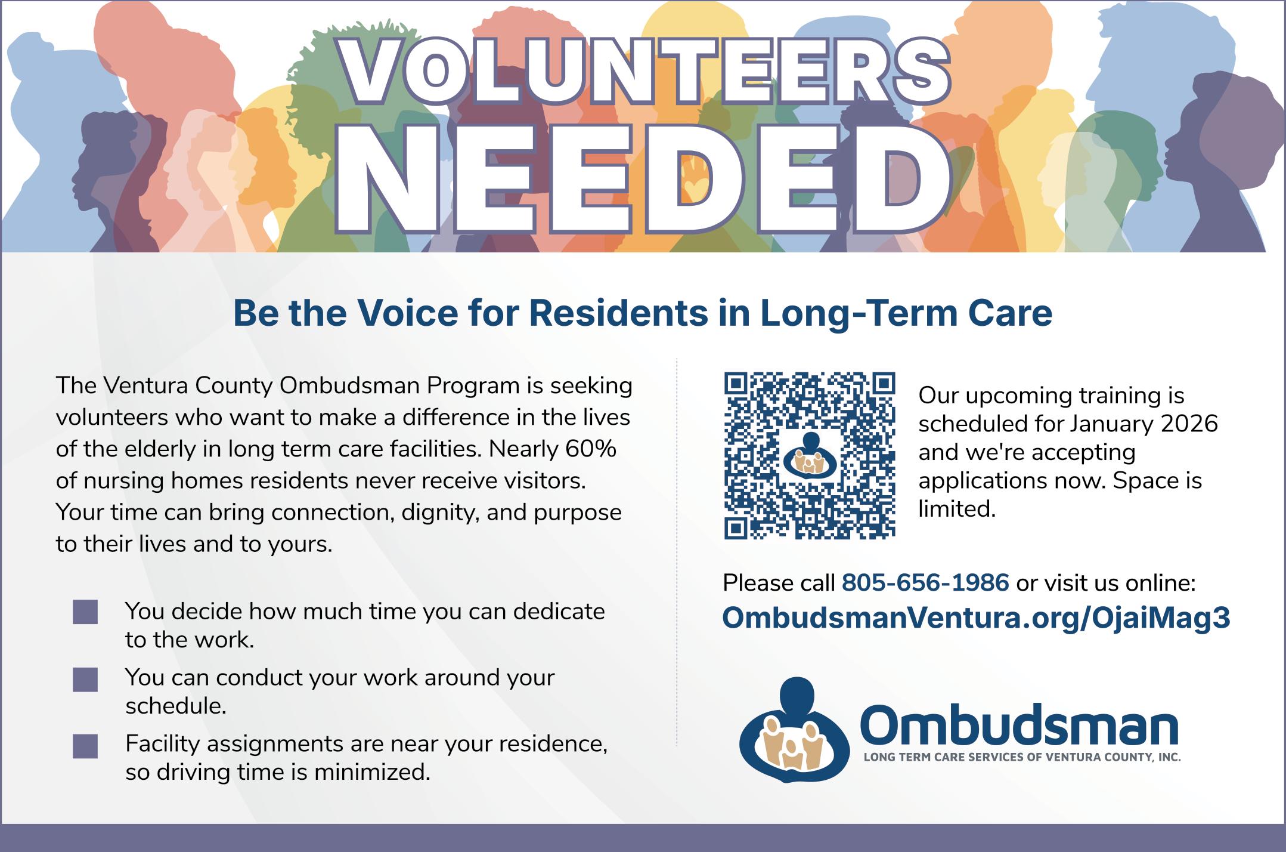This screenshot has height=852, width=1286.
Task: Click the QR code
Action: click(810, 456)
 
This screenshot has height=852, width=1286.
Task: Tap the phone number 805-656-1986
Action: click(925, 583)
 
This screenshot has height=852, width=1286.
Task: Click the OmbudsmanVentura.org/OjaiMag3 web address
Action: click(976, 618)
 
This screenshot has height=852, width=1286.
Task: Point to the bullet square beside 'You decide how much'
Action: click(85, 612)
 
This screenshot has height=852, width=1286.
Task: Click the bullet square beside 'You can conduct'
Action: click(85, 680)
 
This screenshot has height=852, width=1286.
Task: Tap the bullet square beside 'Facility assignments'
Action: click(85, 746)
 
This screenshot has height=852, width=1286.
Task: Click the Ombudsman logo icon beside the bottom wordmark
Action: click(795, 730)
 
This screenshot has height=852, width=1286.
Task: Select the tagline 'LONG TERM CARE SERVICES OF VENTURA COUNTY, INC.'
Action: click(1022, 758)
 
